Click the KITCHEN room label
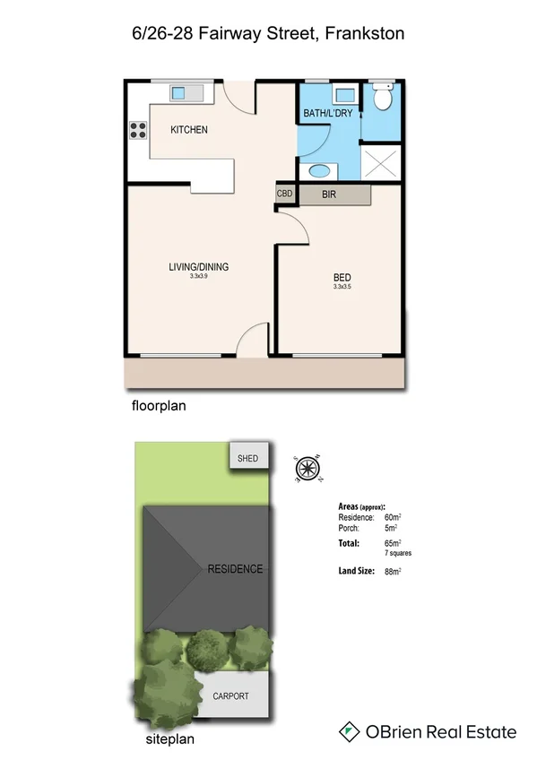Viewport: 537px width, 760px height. pyautogui.click(x=189, y=130)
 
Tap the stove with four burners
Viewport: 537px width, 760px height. pyautogui.click(x=138, y=130)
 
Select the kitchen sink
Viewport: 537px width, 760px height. pyautogui.click(x=178, y=91)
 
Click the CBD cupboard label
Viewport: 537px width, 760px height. pyautogui.click(x=285, y=194)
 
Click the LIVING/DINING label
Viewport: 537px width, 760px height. pyautogui.click(x=198, y=267)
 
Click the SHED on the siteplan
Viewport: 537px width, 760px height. pyautogui.click(x=247, y=459)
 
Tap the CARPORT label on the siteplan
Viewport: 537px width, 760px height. pyautogui.click(x=230, y=696)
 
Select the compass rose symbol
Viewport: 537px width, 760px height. pyautogui.click(x=307, y=467)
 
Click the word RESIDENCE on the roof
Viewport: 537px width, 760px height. pyautogui.click(x=235, y=569)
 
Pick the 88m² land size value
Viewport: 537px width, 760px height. pyautogui.click(x=393, y=572)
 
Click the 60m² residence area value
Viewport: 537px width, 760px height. pyautogui.click(x=393, y=518)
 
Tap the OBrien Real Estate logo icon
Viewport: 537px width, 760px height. pyautogui.click(x=349, y=732)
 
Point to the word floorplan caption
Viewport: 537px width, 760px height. pyautogui.click(x=158, y=406)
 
